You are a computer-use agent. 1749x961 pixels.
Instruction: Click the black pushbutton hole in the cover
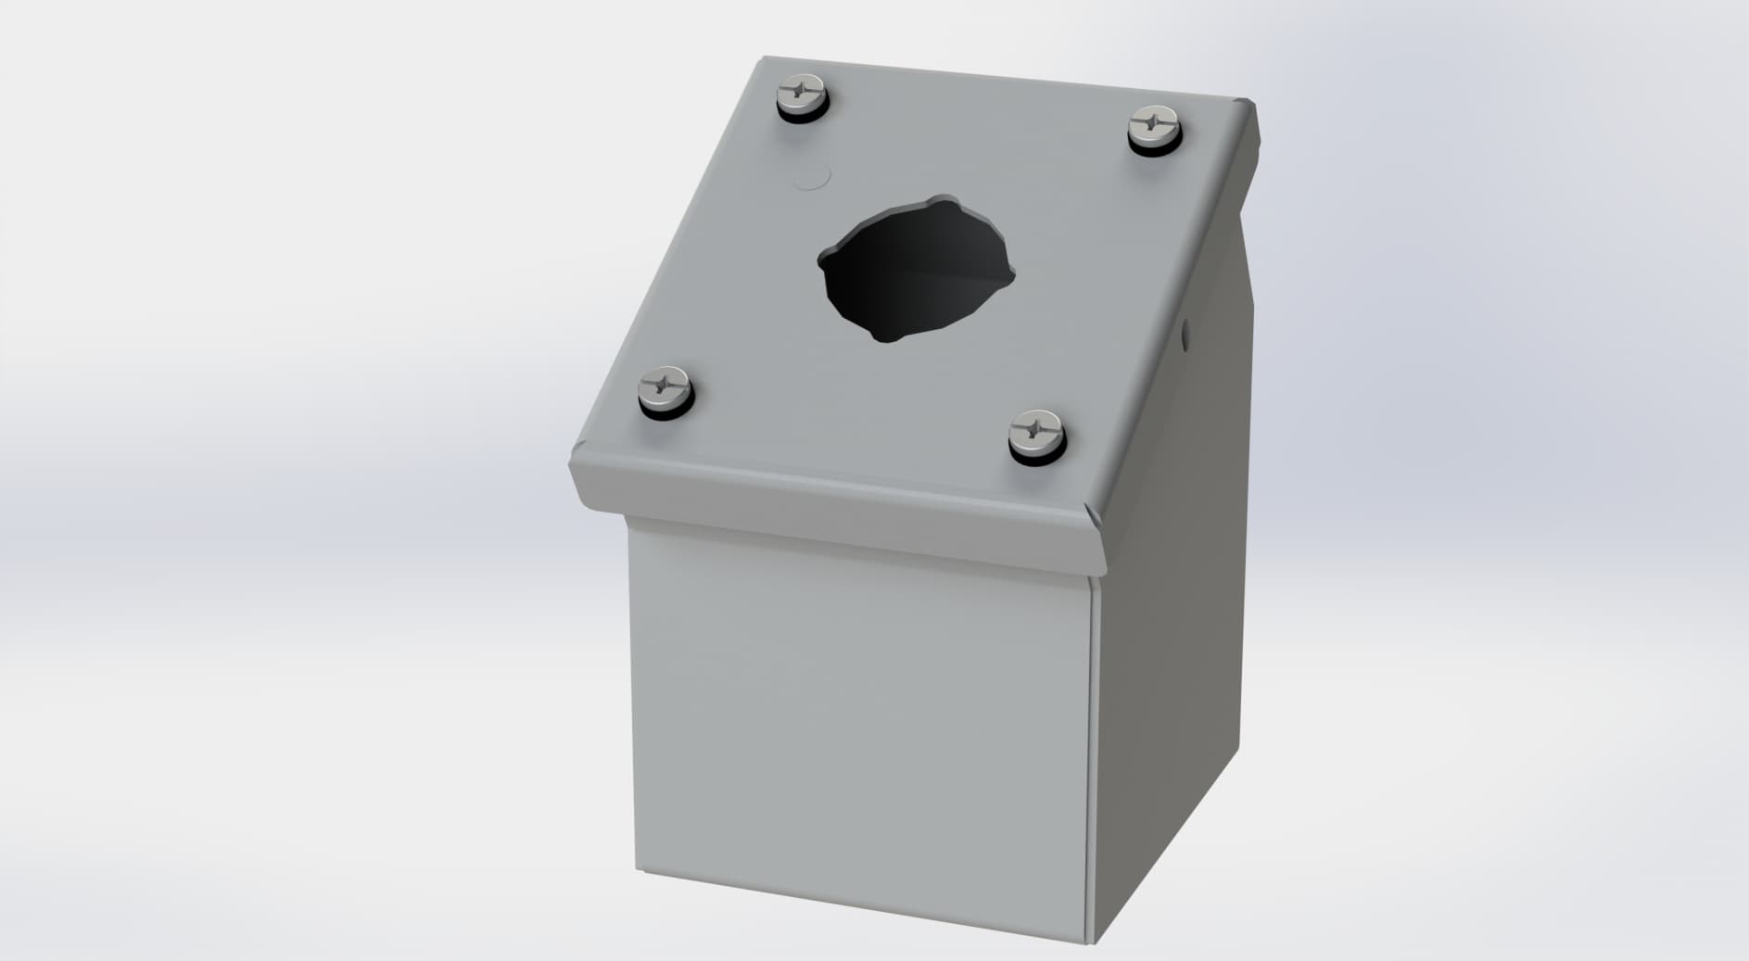click(x=913, y=268)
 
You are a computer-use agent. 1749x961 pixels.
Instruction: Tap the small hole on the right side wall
click(x=1187, y=330)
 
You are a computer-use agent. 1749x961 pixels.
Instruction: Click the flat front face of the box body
click(x=857, y=723)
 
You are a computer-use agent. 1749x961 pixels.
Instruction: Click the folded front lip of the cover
click(x=834, y=519)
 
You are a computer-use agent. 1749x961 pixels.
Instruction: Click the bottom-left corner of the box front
click(x=639, y=870)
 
